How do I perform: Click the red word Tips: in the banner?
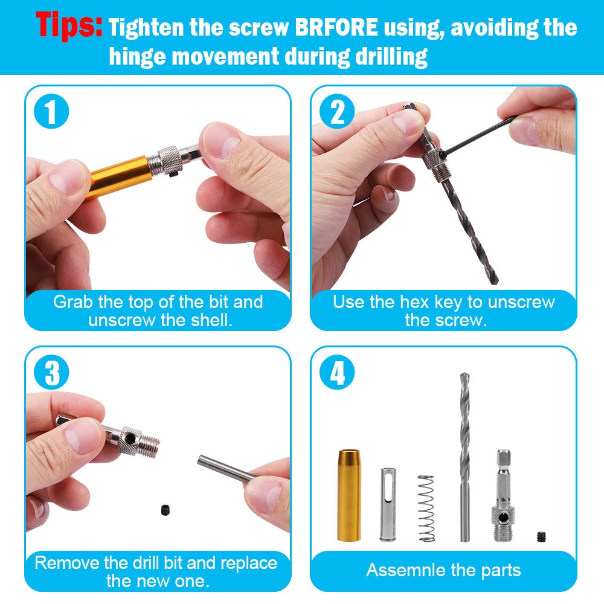pyautogui.click(x=69, y=25)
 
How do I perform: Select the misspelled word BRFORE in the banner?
pyautogui.click(x=336, y=27)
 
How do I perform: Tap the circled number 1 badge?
pyautogui.click(x=51, y=111)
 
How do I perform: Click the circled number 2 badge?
pyautogui.click(x=337, y=111)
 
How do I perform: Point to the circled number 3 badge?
pyautogui.click(x=51, y=372)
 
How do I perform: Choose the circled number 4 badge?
pyautogui.click(x=337, y=372)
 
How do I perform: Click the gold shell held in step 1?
pyautogui.click(x=118, y=176)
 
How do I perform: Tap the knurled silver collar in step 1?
pyautogui.click(x=170, y=159)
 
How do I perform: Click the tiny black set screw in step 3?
pyautogui.click(x=165, y=510)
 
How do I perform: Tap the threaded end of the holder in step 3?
pyautogui.click(x=149, y=446)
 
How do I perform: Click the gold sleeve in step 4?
pyautogui.click(x=349, y=495)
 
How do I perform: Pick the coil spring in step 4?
pyautogui.click(x=426, y=509)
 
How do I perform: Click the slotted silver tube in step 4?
pyautogui.click(x=388, y=504)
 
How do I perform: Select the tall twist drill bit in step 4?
pyautogui.click(x=465, y=457)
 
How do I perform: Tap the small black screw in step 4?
pyautogui.click(x=542, y=536)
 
